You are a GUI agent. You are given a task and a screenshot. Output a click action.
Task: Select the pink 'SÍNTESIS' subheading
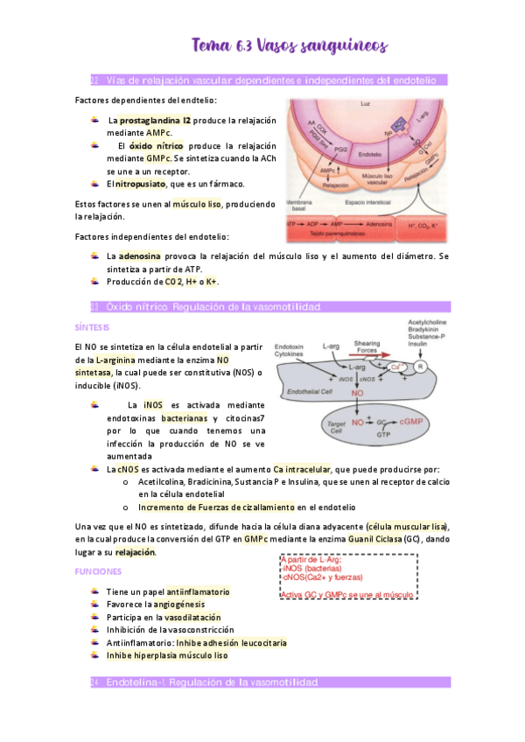click(x=92, y=327)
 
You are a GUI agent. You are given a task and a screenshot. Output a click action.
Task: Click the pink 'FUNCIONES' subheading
click(x=97, y=570)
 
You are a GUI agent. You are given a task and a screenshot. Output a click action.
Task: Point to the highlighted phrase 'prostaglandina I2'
click(x=156, y=120)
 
